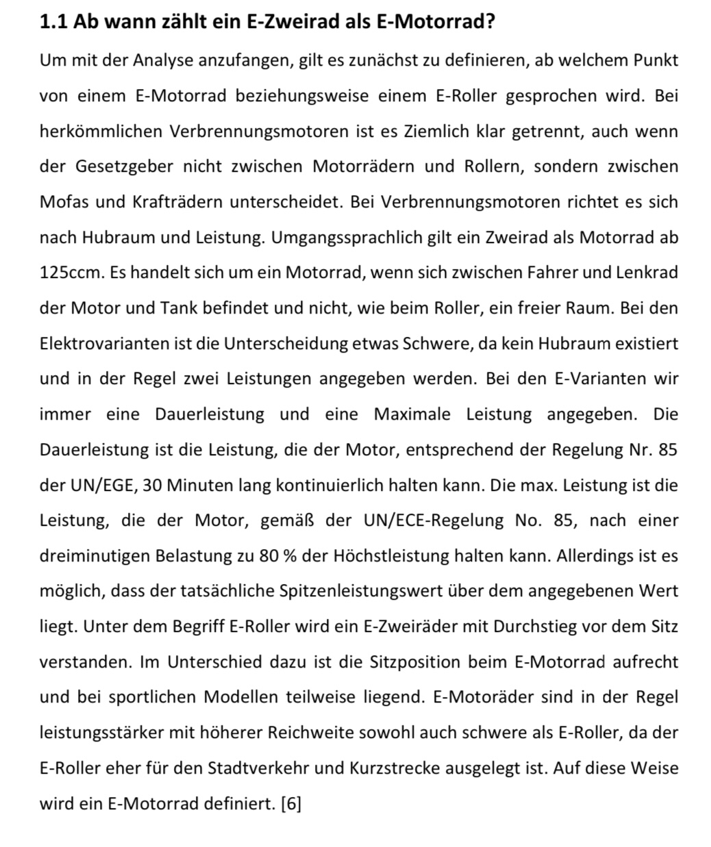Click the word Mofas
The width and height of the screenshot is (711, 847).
click(x=62, y=202)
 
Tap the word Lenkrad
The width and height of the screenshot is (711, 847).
click(x=647, y=273)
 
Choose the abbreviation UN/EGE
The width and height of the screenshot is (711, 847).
click(x=102, y=485)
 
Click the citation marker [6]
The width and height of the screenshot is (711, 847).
click(x=291, y=803)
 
